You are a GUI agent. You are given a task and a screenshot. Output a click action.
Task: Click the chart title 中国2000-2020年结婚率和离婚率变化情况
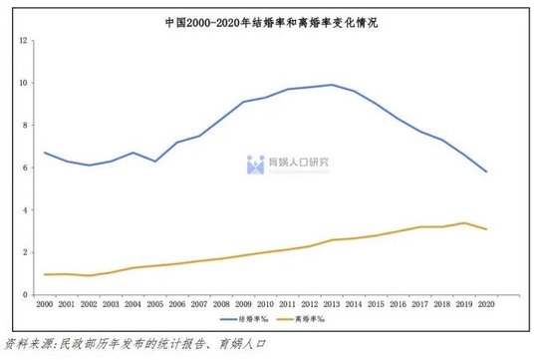(x=273, y=20)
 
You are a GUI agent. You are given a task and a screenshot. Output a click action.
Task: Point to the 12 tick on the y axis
(x=23, y=41)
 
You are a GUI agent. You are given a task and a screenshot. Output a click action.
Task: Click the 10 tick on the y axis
(x=23, y=83)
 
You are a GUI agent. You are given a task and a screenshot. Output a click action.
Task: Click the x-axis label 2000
(x=45, y=304)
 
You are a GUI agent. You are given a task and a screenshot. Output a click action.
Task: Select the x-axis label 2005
(x=154, y=304)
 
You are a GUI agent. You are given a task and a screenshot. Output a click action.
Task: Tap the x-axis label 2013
(x=331, y=304)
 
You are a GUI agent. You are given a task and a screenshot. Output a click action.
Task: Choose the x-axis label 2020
(x=485, y=304)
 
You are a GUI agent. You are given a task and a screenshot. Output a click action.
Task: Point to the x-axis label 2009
(x=243, y=304)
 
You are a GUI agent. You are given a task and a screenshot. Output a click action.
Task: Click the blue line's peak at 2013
(x=331, y=85)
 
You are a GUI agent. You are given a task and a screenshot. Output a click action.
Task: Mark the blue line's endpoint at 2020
(x=485, y=172)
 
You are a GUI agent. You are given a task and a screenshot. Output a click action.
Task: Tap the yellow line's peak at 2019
(x=463, y=222)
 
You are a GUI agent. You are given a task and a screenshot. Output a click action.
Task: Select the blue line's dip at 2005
(x=154, y=162)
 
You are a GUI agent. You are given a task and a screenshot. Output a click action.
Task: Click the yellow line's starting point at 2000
(x=45, y=274)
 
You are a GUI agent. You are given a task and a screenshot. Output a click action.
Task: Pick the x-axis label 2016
(x=398, y=304)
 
